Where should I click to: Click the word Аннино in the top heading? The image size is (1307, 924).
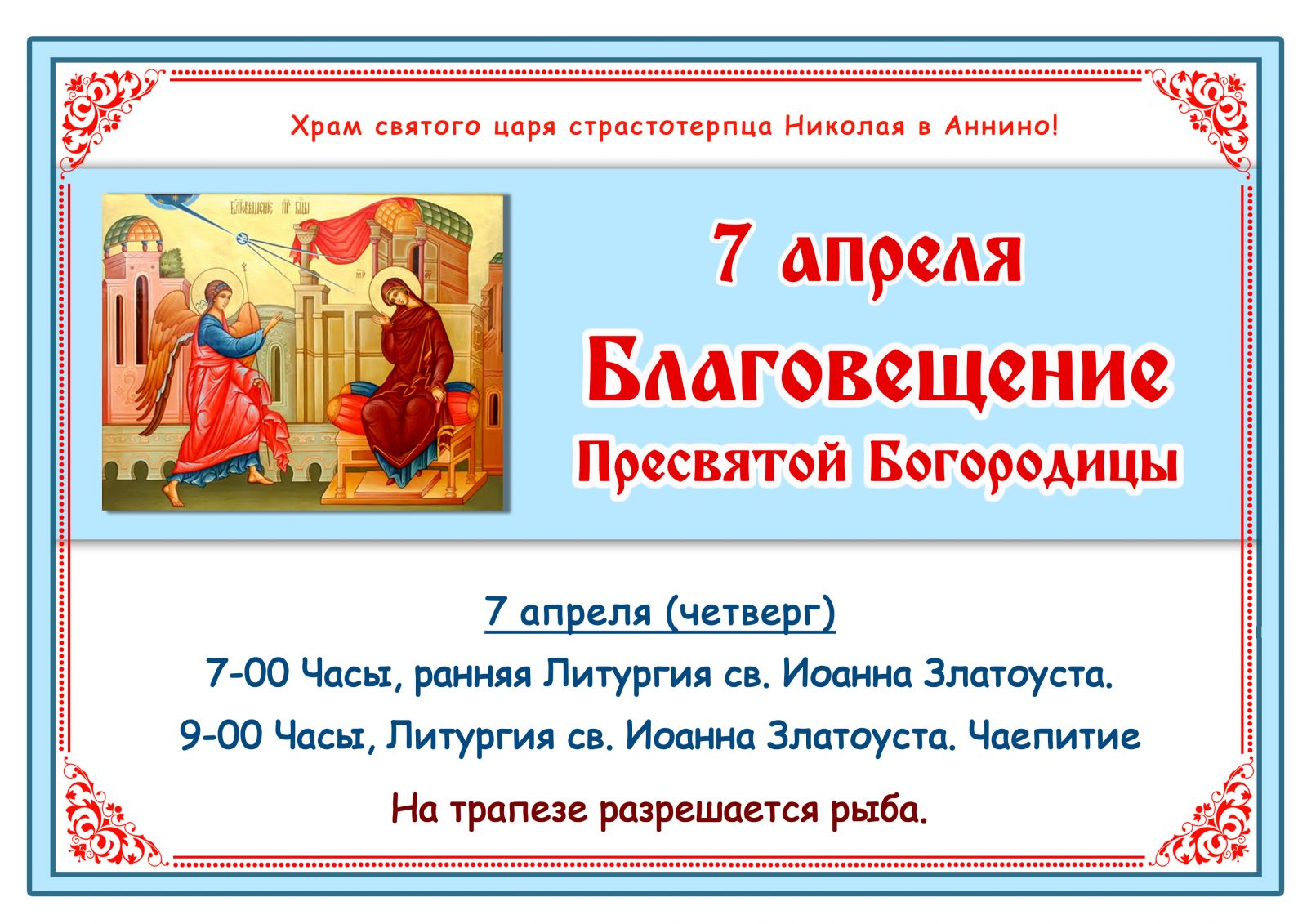point(1001,126)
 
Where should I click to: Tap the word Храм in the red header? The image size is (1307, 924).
point(326,126)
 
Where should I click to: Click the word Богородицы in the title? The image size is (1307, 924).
point(1025,464)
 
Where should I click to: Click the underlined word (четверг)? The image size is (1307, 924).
point(751,613)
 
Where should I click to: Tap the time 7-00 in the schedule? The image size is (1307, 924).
point(248,673)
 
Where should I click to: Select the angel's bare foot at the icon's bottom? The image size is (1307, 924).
point(175,494)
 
